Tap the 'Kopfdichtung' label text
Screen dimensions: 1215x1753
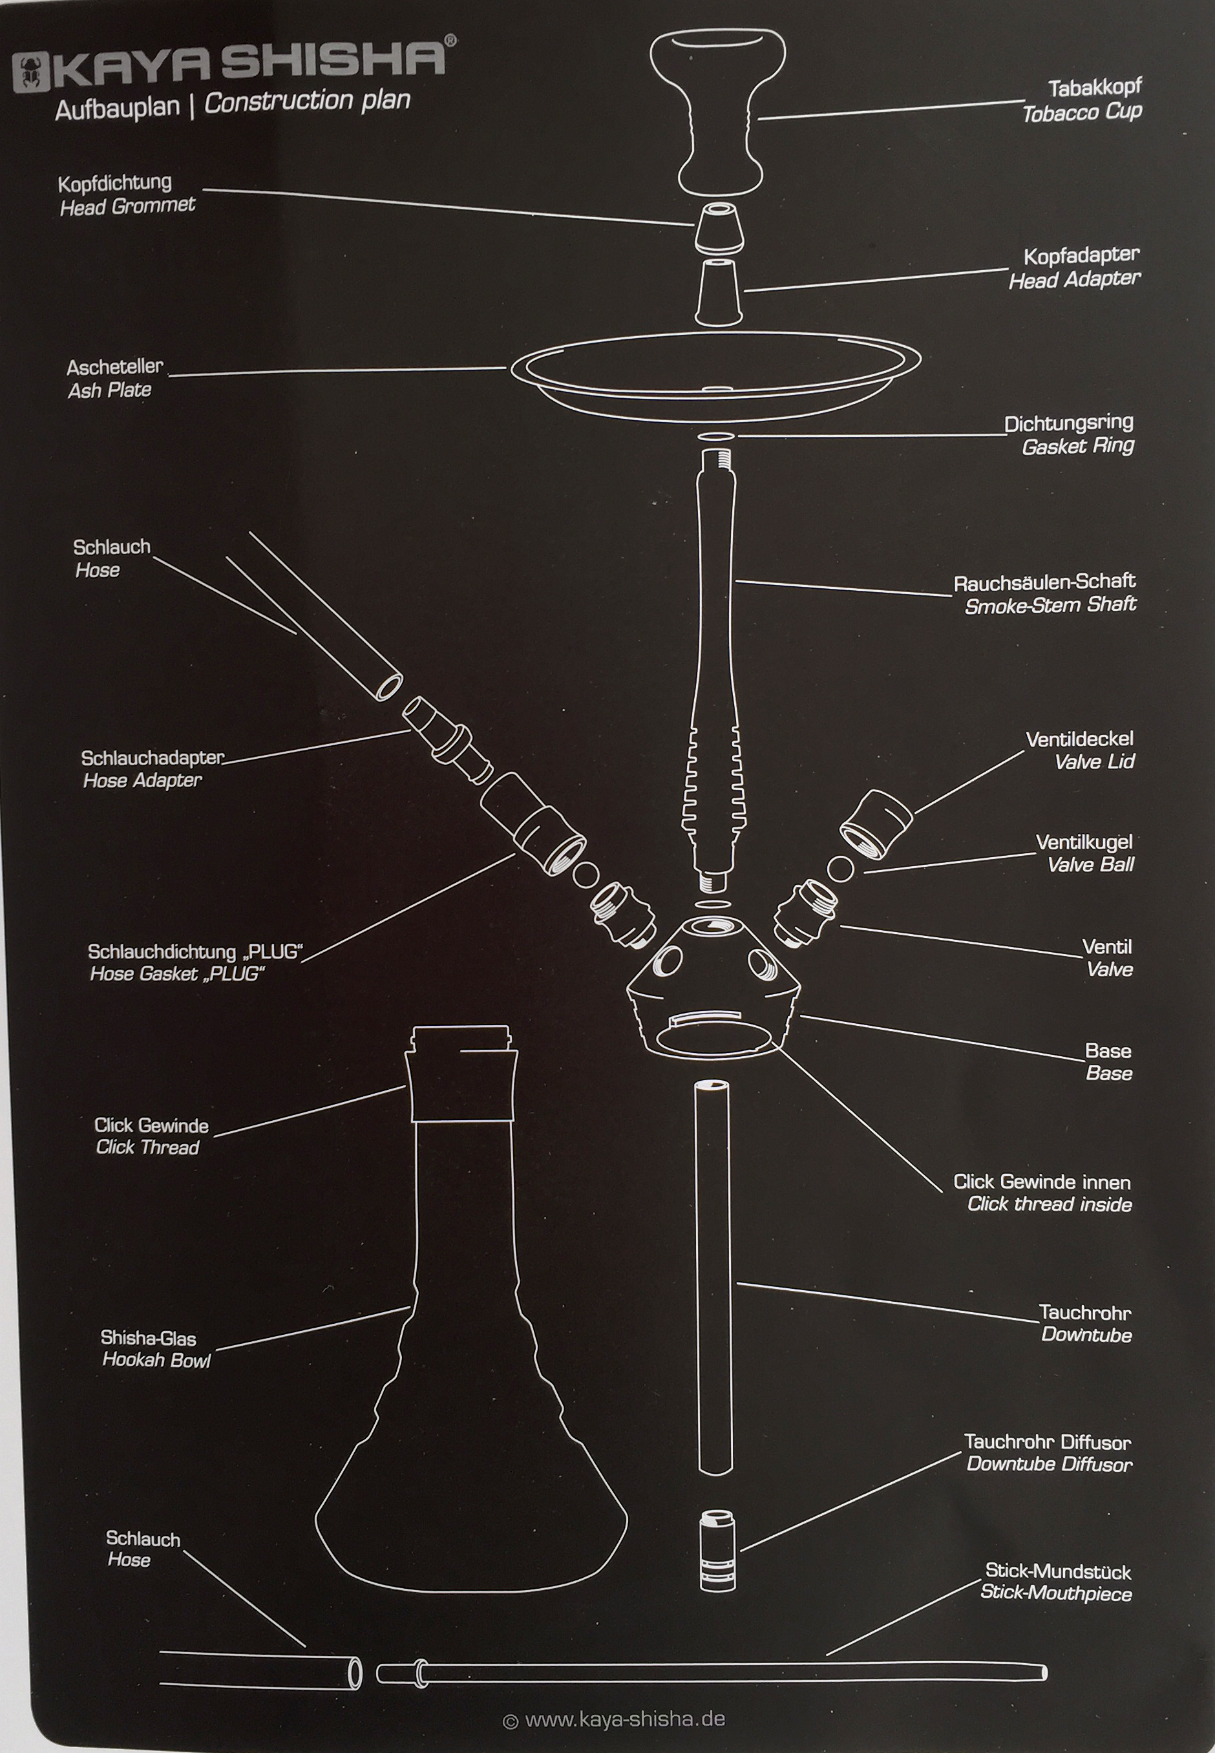[115, 184]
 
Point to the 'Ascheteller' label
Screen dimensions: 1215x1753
[115, 367]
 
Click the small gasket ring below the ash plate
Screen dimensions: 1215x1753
[715, 438]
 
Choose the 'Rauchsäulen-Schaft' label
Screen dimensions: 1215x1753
[1044, 582]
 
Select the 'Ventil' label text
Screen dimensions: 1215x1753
[1107, 947]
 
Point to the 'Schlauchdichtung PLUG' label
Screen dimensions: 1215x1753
[196, 951]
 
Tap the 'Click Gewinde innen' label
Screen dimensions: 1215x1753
[1042, 1182]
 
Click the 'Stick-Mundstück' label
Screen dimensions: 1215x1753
[1058, 1571]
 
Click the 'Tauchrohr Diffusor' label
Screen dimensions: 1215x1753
[1048, 1441]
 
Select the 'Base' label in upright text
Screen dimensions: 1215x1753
[1108, 1051]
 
